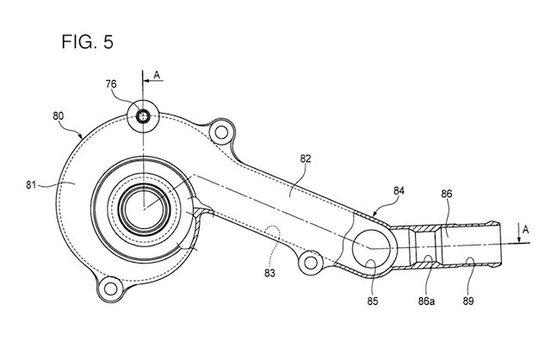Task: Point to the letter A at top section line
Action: point(156,74)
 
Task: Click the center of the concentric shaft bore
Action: point(141,207)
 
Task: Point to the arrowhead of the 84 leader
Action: point(373,211)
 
